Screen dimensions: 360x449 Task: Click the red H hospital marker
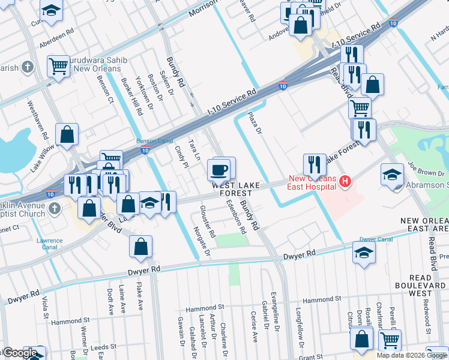pyautogui.click(x=345, y=180)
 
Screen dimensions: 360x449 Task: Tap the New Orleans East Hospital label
pyautogui.click(x=312, y=182)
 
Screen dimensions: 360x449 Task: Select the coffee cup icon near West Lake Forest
pyautogui.click(x=218, y=169)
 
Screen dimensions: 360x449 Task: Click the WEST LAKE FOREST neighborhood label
pyautogui.click(x=235, y=189)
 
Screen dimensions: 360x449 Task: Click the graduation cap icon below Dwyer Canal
pyautogui.click(x=364, y=254)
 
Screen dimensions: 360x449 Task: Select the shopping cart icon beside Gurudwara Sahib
pyautogui.click(x=58, y=66)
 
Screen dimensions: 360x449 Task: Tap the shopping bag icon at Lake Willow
pyautogui.click(x=67, y=135)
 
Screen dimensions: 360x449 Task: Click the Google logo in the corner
pyautogui.click(x=19, y=353)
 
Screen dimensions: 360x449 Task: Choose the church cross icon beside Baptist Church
pyautogui.click(x=54, y=208)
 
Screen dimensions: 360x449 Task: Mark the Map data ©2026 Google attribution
pyautogui.click(x=412, y=355)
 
